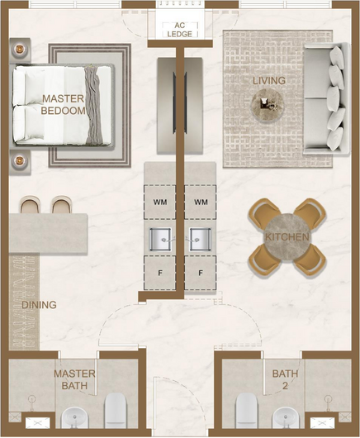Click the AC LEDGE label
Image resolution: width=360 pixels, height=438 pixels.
pyautogui.click(x=180, y=30)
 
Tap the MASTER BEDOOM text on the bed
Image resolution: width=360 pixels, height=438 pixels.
pyautogui.click(x=63, y=105)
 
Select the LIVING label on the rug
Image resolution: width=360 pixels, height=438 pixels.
pyautogui.click(x=269, y=81)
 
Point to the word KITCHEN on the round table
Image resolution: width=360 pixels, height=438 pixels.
pyautogui.click(x=287, y=237)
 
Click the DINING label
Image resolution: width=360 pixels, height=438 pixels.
pyautogui.click(x=39, y=305)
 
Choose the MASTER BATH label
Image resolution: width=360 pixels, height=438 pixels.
pyautogui.click(x=74, y=379)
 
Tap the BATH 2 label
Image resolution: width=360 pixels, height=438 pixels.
pyautogui.click(x=285, y=379)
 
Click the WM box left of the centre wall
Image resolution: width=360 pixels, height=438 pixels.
pyautogui.click(x=160, y=202)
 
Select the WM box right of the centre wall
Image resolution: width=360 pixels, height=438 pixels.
pyautogui.click(x=201, y=202)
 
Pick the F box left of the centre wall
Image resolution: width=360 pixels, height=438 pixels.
pyautogui.click(x=160, y=273)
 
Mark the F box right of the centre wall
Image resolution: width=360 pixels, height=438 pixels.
pyautogui.click(x=201, y=273)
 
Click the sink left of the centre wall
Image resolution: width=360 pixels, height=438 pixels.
pyautogui.click(x=160, y=240)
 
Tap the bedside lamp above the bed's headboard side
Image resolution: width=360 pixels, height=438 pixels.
pyautogui.click(x=20, y=49)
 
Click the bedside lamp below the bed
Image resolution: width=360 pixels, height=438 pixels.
pyautogui.click(x=20, y=161)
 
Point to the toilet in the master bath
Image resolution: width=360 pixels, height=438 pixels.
pyautogui.click(x=115, y=414)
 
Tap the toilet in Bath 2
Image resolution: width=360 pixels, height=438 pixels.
pyautogui.click(x=247, y=414)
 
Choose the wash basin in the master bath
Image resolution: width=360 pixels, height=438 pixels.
pyautogui.click(x=74, y=421)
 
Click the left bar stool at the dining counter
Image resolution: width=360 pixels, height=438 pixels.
pyautogui.click(x=31, y=205)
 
